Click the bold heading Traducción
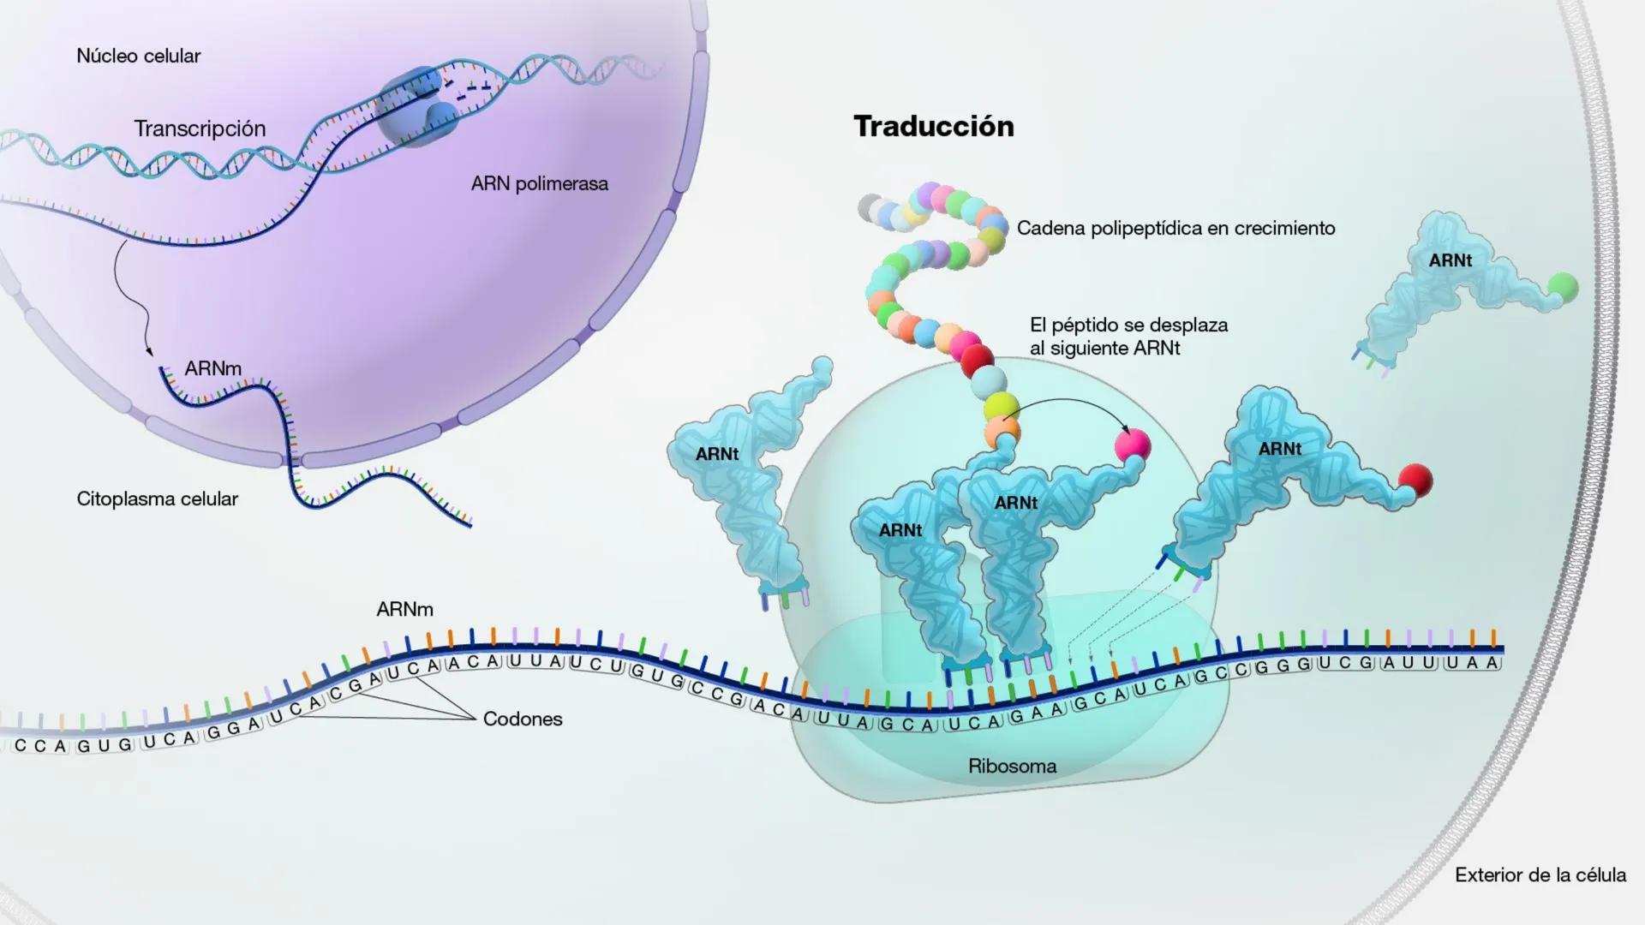[x=934, y=127]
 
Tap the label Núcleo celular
[x=138, y=57]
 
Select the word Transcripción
[x=200, y=129]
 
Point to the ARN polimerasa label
[x=539, y=184]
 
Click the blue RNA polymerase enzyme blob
[x=417, y=107]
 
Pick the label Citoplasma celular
[x=157, y=499]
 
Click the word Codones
[x=523, y=719]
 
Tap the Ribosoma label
[x=1012, y=767]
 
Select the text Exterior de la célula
[x=1540, y=875]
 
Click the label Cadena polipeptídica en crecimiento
[x=1175, y=229]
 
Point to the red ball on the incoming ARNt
[x=1415, y=480]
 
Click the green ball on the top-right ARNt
[x=1563, y=288]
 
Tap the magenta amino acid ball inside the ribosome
[x=1132, y=445]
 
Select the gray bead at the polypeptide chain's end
[x=870, y=207]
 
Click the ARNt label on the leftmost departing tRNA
[x=716, y=455]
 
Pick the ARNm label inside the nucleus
[x=212, y=369]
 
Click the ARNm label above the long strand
[x=404, y=610]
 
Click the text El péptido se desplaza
[x=1128, y=325]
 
